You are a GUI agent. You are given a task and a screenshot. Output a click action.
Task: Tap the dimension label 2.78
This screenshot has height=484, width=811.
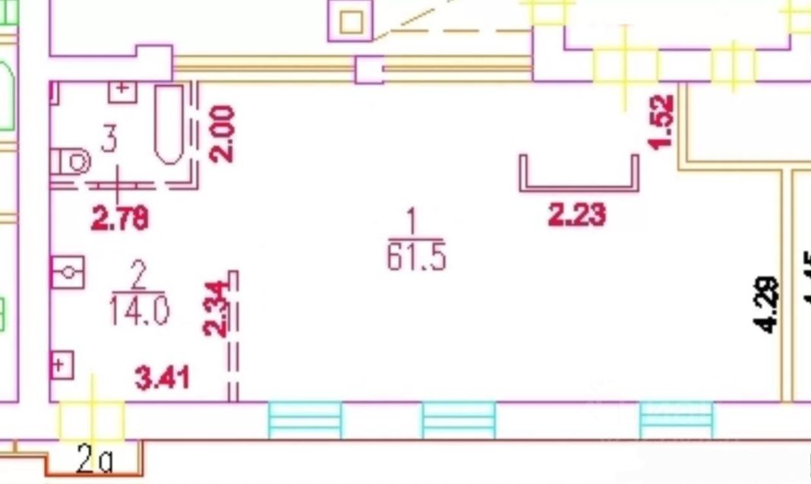(x=119, y=219)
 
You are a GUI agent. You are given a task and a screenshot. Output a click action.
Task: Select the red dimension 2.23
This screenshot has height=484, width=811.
(x=577, y=215)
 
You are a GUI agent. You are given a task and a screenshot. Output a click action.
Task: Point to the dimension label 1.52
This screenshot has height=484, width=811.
(x=661, y=122)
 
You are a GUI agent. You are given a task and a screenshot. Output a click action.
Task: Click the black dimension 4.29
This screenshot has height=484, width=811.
(x=767, y=304)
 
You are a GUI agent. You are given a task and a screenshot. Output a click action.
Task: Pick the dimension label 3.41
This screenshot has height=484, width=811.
(x=162, y=378)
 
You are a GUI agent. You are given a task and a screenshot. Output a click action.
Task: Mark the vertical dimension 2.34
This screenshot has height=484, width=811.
(x=216, y=308)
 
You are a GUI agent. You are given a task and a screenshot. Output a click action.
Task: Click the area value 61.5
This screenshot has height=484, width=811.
(x=415, y=258)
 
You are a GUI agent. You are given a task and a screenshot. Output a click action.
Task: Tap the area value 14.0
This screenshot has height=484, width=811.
(x=139, y=311)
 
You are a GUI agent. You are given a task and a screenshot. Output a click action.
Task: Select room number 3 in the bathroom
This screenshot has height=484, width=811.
(x=109, y=140)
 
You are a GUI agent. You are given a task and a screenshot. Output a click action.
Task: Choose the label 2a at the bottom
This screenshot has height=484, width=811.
(x=94, y=460)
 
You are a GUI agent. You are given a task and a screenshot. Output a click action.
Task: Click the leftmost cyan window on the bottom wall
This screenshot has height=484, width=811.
(x=305, y=420)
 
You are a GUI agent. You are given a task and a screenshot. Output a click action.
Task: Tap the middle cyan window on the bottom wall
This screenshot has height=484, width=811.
(x=459, y=420)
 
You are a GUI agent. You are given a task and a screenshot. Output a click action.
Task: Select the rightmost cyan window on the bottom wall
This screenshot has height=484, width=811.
(x=677, y=420)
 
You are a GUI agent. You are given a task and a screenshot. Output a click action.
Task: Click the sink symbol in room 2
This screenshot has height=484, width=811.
(x=68, y=272)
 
